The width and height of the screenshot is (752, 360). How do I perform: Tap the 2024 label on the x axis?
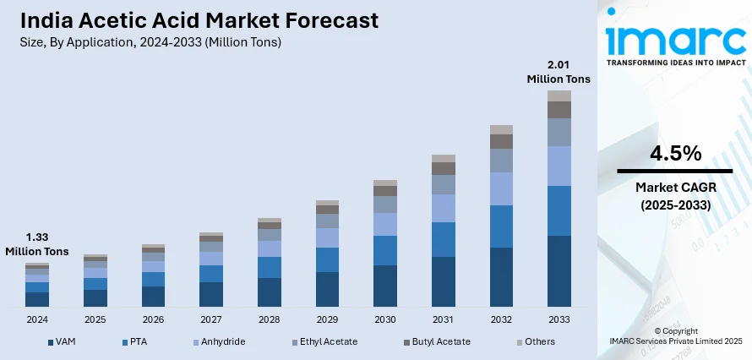37,320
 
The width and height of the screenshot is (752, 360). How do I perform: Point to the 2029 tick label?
327,320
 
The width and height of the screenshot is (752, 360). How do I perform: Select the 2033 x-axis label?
559,320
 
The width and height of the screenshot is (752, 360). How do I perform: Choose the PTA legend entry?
137,341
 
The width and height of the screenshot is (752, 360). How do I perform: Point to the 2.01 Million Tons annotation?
559,72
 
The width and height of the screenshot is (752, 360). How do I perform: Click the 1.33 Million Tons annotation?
37,244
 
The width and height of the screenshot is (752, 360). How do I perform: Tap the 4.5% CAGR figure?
675,154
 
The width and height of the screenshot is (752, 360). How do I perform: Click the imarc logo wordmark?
675,39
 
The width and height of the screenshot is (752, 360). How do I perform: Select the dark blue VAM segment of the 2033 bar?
559,270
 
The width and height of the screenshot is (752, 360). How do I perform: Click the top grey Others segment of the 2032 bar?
502,129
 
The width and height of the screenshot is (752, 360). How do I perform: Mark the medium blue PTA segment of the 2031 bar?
444,239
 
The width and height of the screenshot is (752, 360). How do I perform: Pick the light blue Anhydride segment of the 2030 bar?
385,224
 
